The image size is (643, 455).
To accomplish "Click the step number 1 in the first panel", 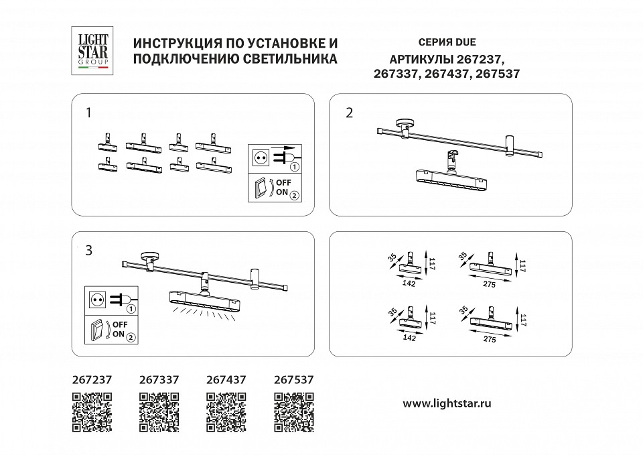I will (88, 113).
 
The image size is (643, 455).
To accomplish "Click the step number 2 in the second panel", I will (348, 113).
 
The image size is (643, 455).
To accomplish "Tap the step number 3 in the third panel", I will (88, 251).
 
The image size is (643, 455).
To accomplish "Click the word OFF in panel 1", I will (284, 182).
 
